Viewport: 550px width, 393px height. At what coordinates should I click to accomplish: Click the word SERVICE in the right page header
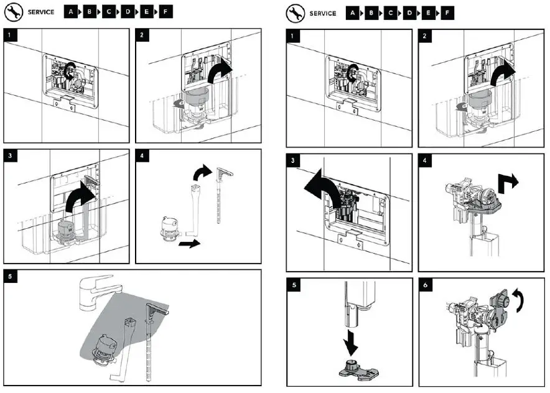[322, 13]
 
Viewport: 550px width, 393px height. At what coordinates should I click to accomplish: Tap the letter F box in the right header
[446, 13]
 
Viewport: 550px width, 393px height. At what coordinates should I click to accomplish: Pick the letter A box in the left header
[72, 12]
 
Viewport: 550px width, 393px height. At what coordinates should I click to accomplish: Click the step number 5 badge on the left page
[11, 277]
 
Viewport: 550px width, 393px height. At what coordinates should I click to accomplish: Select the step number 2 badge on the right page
[426, 36]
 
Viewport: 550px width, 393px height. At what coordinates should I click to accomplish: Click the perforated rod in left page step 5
[150, 336]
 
